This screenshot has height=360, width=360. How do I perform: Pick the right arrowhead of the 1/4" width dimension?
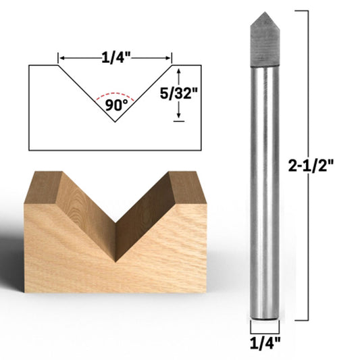pyautogui.click(x=168, y=58)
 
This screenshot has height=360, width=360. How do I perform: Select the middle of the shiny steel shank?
pyautogui.click(x=263, y=189)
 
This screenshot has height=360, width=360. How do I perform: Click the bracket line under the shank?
pyautogui.click(x=264, y=330)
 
